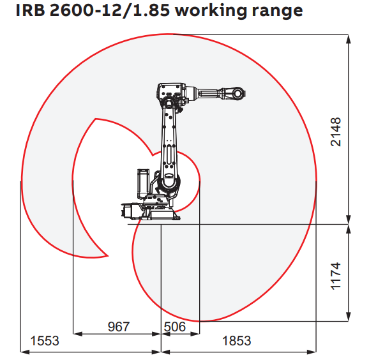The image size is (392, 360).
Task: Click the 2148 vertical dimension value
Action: [336, 131]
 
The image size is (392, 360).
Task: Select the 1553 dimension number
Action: [45, 341]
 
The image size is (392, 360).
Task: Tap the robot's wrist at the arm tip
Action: [236, 93]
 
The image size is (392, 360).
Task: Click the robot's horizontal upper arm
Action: [211, 94]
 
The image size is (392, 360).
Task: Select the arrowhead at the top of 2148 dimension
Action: [349, 36]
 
